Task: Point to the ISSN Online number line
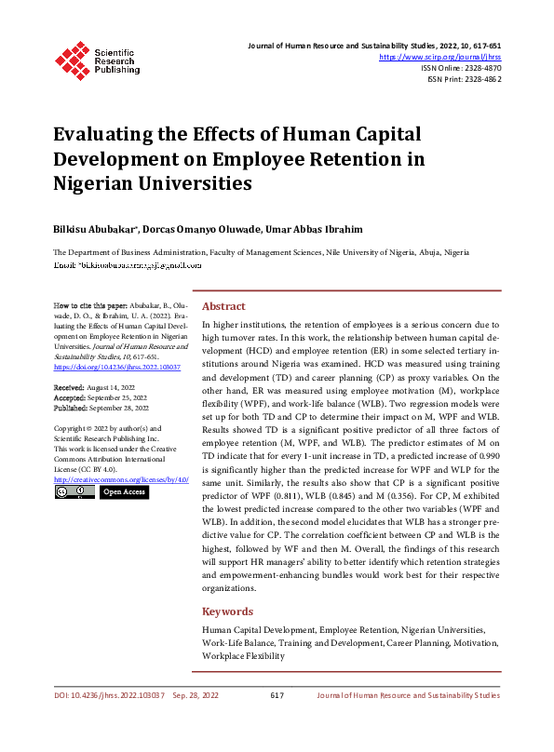click(461, 68)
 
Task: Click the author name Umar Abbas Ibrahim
click(318, 228)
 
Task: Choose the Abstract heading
click(223, 306)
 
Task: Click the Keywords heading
click(227, 611)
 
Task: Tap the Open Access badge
click(124, 491)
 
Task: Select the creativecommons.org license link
click(121, 478)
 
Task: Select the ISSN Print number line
click(464, 79)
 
